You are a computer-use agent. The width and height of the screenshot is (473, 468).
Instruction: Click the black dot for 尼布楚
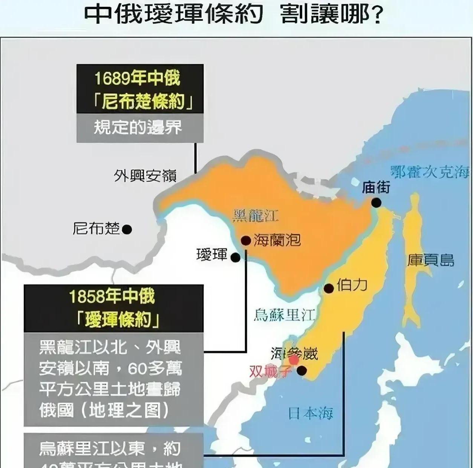pyautogui.click(x=127, y=229)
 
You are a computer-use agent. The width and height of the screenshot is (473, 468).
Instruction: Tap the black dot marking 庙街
pyautogui.click(x=376, y=203)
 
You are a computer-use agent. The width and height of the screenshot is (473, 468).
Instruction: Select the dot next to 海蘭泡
pyautogui.click(x=246, y=240)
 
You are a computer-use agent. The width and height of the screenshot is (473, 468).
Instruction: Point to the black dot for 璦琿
pyautogui.click(x=235, y=257)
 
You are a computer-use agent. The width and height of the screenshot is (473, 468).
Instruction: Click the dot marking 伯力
pyautogui.click(x=329, y=288)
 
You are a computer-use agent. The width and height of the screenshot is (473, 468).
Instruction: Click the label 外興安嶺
pyautogui.click(x=145, y=176)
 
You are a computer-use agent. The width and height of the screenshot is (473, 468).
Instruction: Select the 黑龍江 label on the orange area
pyautogui.click(x=256, y=216)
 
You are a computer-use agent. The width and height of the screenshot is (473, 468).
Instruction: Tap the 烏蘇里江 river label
pyautogui.click(x=284, y=315)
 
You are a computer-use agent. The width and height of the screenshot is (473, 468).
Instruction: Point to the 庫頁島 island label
pyautogui.click(x=431, y=260)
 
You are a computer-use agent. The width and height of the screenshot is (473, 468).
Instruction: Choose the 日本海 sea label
pyautogui.click(x=311, y=413)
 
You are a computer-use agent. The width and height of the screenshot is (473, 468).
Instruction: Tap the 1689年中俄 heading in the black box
pyautogui.click(x=138, y=78)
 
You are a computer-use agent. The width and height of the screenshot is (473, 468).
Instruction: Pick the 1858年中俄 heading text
pyautogui.click(x=112, y=297)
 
